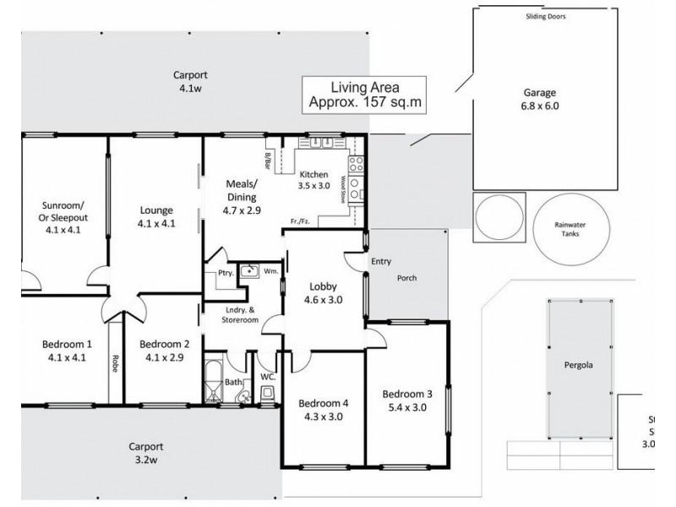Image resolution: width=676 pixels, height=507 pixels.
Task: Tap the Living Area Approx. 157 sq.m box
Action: [x=364, y=95]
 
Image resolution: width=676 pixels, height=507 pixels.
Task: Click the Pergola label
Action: [x=579, y=367]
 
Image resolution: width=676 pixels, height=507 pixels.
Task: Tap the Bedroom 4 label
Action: [x=324, y=408]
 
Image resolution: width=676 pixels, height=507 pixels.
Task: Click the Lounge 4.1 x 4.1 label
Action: [x=156, y=216]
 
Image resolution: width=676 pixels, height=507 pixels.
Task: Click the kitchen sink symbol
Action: [x=319, y=143]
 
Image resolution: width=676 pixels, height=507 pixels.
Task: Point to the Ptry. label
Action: [x=225, y=273]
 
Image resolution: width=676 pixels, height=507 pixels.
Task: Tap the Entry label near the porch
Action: [x=381, y=263]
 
